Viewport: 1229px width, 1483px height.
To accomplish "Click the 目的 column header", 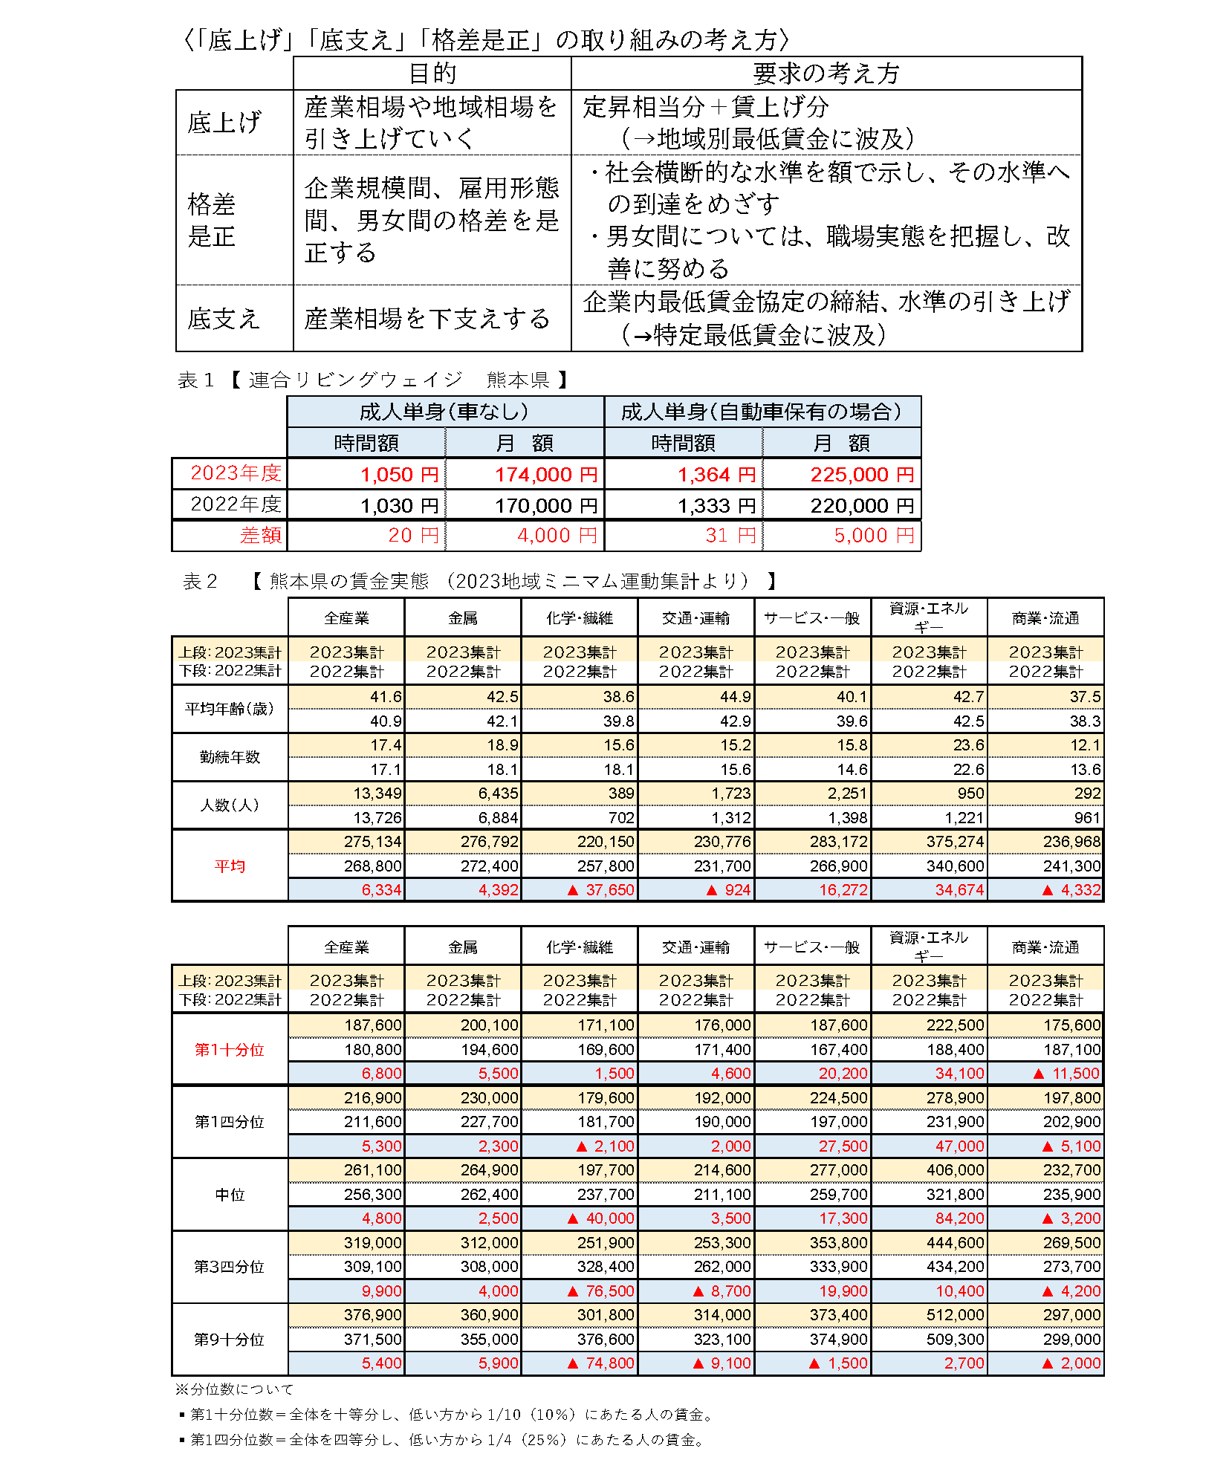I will point(432,73).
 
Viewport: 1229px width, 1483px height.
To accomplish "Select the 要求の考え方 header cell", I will point(826,73).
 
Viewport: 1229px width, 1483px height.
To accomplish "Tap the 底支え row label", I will point(224,319).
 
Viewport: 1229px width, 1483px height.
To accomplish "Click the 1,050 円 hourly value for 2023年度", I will point(399,474).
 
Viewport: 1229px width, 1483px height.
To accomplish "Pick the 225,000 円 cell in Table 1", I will point(861,474).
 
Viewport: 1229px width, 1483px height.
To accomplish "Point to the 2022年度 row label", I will point(236,504).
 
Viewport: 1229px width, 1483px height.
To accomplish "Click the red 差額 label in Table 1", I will point(261,535).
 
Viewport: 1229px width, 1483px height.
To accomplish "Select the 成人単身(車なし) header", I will point(444,412).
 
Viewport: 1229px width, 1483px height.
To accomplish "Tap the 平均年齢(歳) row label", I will point(230,709).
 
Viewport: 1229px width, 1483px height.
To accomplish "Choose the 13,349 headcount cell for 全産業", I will point(377,794).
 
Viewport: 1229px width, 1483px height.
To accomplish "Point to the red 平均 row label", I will point(230,866).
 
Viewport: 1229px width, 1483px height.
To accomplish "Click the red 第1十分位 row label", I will point(230,1049).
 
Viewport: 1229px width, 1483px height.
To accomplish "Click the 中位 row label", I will point(230,1194).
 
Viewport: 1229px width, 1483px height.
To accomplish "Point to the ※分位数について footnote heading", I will point(234,1389).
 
